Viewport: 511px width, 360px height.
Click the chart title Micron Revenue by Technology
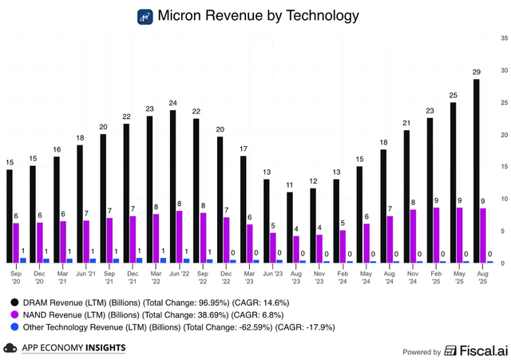coord(258,16)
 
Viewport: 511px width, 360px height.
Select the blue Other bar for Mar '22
coord(164,260)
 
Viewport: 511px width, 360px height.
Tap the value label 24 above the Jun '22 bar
coord(172,103)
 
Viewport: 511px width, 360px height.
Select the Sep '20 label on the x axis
coord(16,276)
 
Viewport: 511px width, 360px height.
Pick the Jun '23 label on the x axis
coord(272,272)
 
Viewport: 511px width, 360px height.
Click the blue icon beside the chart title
coord(145,16)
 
